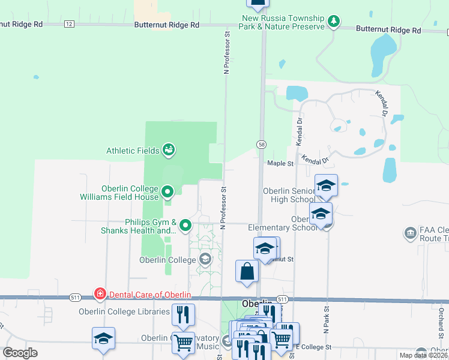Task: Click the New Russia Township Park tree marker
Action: [x=334, y=22]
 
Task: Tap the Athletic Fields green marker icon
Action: [x=169, y=150]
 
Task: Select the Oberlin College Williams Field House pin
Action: [x=168, y=192]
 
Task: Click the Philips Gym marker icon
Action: [x=185, y=226]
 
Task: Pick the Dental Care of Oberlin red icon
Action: [x=100, y=294]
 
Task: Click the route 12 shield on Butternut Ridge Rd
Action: [x=69, y=24]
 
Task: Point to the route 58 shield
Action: [x=262, y=145]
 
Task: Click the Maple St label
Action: [x=280, y=163]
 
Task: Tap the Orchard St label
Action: [x=440, y=322]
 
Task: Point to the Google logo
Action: [x=20, y=353]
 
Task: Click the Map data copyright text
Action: [x=423, y=355]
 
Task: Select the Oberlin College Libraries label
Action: [x=124, y=311]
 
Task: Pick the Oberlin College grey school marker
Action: [x=205, y=259]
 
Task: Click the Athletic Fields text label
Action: [x=133, y=151]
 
